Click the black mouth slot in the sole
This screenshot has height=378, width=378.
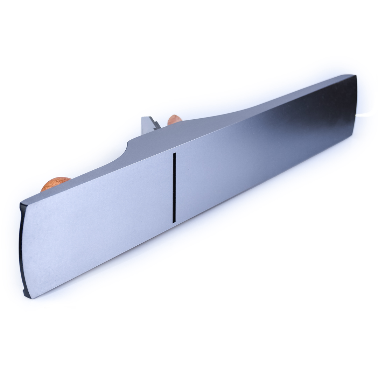coord(174,188)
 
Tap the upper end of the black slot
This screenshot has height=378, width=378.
coord(174,154)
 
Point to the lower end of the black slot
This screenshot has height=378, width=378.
coord(174,221)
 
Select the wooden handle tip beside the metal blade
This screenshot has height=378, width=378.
coord(174,119)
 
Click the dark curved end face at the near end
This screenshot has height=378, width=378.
coord(22,252)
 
